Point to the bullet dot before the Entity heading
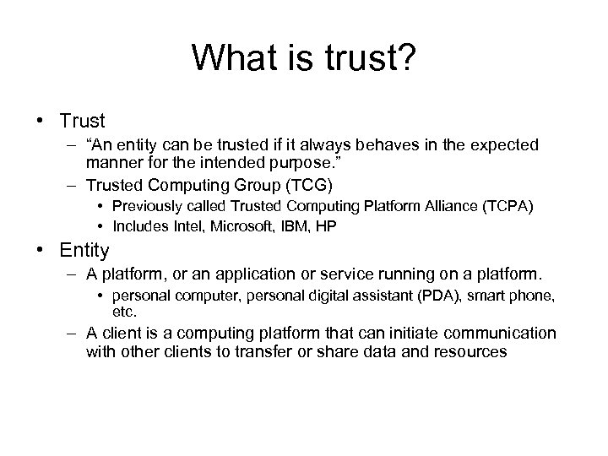coord(41,250)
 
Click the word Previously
coord(145,205)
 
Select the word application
coord(252,275)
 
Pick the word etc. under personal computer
coord(124,310)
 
